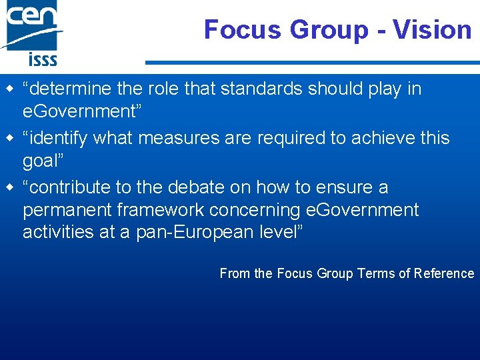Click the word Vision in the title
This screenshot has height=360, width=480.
coord(432,29)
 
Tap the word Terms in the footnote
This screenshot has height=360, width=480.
coord(375,273)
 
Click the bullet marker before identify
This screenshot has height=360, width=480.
coord(9,138)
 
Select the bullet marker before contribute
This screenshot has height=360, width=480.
coord(9,187)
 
